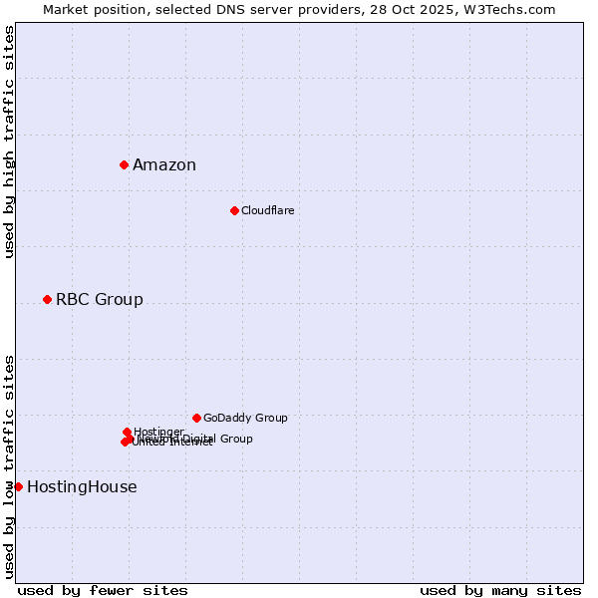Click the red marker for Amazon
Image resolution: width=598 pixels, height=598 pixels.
(x=124, y=164)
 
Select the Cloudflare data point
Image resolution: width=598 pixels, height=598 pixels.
(x=234, y=210)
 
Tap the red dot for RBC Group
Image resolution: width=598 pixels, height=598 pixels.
(x=47, y=299)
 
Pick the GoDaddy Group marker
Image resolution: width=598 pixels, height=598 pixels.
(x=196, y=418)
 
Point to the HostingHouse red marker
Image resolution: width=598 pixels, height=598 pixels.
(x=18, y=486)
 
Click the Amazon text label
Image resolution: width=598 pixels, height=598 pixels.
(x=164, y=165)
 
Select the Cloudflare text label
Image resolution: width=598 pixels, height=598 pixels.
(x=267, y=210)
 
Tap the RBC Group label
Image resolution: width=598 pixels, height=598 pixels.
(x=100, y=300)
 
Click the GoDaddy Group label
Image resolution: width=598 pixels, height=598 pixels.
(x=245, y=418)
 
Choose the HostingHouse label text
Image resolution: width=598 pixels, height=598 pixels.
(x=82, y=487)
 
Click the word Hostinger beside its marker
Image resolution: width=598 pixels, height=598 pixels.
(x=158, y=432)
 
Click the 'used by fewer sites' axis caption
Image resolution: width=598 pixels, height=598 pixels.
(x=103, y=590)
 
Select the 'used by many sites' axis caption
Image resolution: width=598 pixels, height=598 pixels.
(x=500, y=590)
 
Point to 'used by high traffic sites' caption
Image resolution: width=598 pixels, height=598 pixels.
(x=10, y=142)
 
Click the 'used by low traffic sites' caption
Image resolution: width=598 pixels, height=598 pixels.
(x=10, y=466)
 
